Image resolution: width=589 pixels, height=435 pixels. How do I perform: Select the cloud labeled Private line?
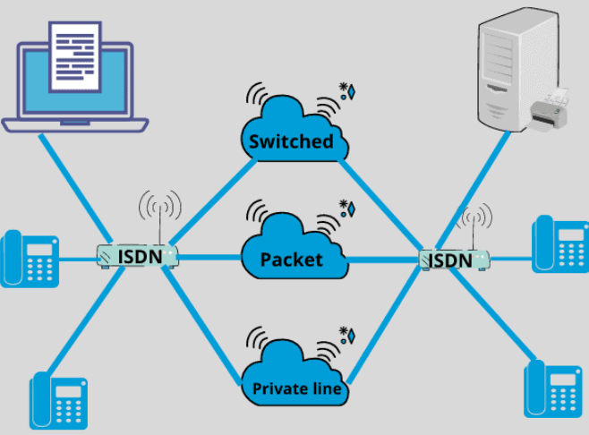point(296,380)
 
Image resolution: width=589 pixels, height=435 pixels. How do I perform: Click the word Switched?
point(291,141)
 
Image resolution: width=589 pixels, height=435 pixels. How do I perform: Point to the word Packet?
point(291,260)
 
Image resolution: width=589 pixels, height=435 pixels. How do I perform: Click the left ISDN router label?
point(140,258)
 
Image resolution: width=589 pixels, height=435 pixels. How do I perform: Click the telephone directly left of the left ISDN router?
point(29,258)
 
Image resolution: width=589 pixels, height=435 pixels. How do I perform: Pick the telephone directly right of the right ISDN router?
point(560,243)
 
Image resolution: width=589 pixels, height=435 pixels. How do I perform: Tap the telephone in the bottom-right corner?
point(551,388)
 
